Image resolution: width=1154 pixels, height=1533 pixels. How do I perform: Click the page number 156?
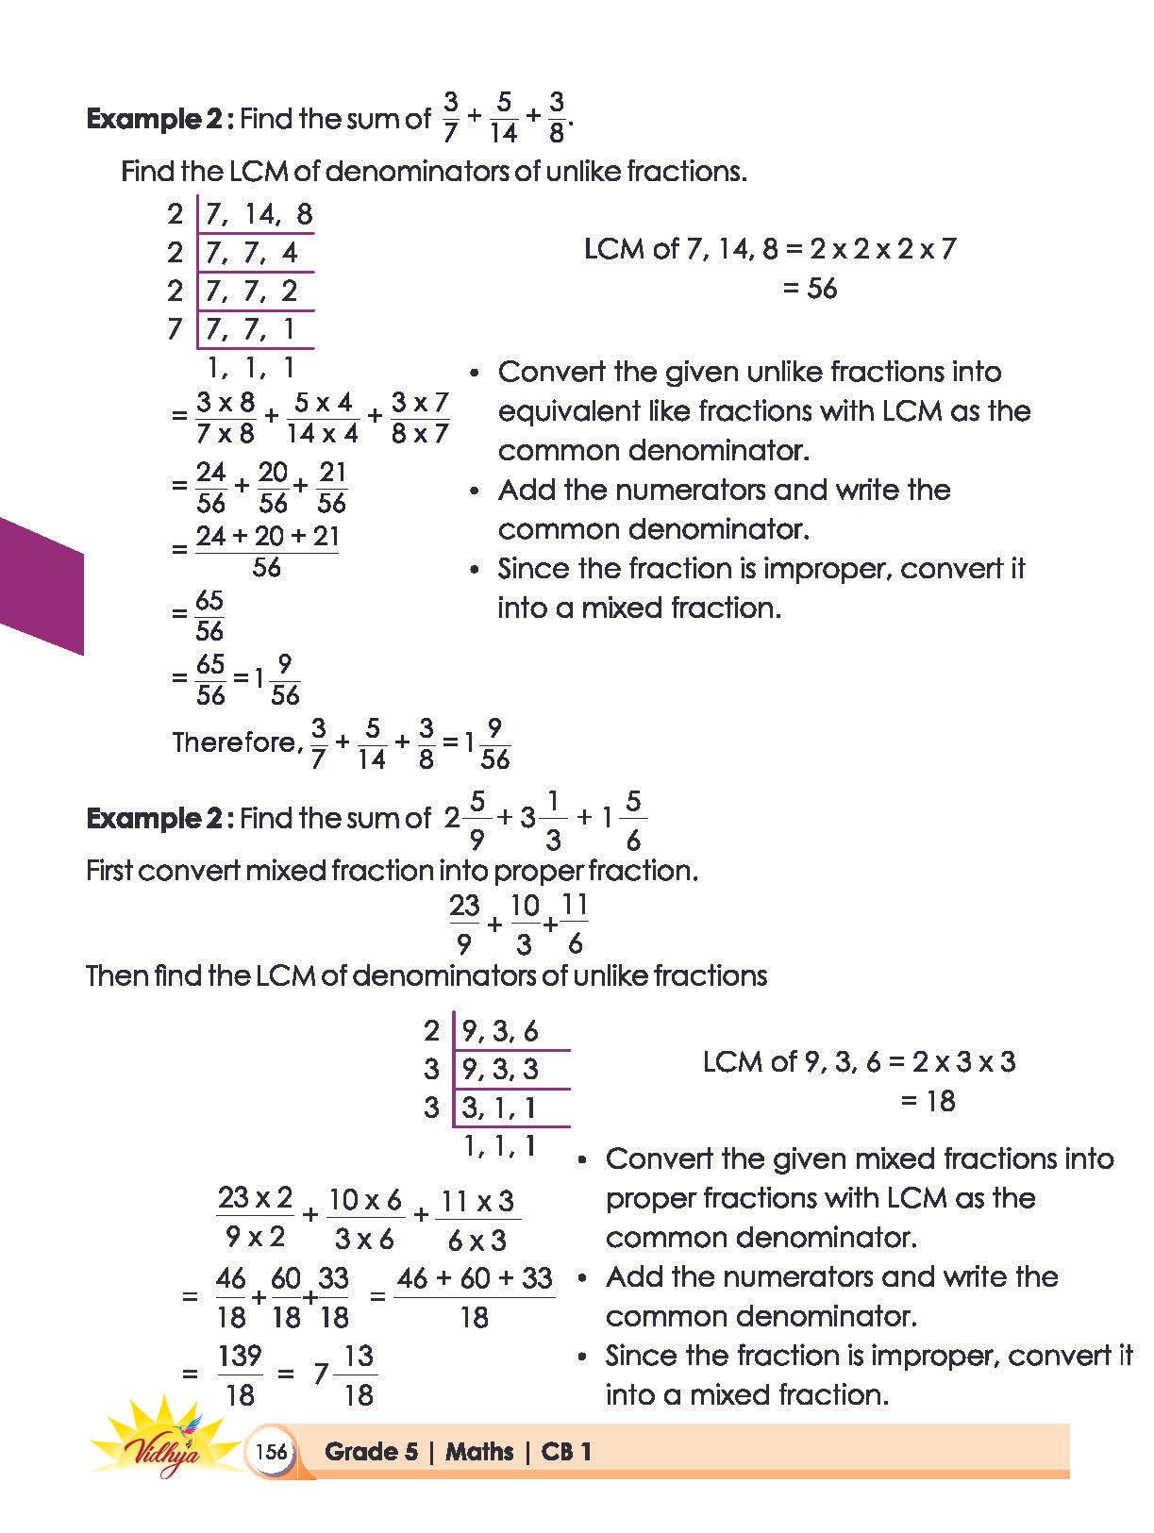[271, 1451]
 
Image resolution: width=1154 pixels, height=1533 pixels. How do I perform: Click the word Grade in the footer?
[358, 1451]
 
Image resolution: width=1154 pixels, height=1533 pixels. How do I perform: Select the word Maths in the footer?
[479, 1451]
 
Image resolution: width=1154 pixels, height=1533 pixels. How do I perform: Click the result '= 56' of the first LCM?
[810, 288]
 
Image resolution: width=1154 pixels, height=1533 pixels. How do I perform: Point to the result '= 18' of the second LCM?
[928, 1100]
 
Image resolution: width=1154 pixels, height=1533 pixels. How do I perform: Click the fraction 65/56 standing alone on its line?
[209, 614]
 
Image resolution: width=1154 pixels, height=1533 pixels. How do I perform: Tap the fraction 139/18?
[239, 1375]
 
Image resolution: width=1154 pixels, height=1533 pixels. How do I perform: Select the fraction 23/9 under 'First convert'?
[464, 923]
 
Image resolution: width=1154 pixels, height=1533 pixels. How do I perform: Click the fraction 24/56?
[211, 487]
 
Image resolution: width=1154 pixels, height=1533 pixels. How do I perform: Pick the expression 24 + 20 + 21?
[267, 536]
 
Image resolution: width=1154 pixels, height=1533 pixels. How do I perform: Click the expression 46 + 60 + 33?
[474, 1278]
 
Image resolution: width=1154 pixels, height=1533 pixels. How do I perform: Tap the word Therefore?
[236, 742]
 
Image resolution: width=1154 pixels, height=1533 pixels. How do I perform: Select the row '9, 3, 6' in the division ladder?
[500, 1031]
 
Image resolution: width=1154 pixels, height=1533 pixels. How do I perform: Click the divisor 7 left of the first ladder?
[175, 329]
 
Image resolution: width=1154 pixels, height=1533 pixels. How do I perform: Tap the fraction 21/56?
[332, 487]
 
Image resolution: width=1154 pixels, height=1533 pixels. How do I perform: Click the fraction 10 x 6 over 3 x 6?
[364, 1218]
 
